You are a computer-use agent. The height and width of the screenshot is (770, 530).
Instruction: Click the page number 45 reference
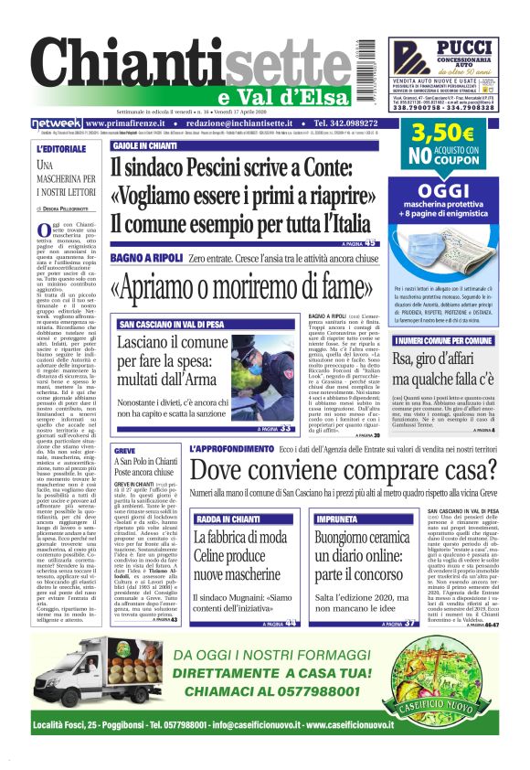point(370,244)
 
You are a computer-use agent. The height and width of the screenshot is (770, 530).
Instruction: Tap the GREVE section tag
point(125,452)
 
